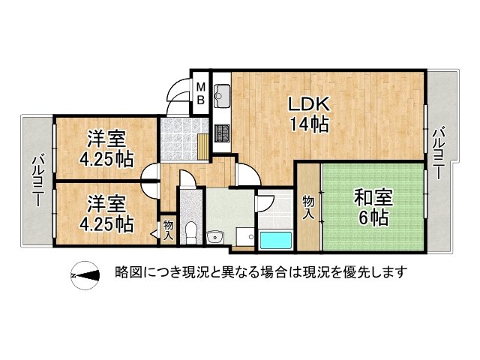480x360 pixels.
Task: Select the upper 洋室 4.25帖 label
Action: [x=106, y=148]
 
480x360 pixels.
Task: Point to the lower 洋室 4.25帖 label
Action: [x=106, y=214]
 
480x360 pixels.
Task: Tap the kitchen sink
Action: [x=221, y=96]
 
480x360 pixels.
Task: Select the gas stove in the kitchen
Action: [x=222, y=134]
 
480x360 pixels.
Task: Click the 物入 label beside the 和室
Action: [x=308, y=208]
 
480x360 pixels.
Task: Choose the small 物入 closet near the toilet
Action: [x=167, y=229]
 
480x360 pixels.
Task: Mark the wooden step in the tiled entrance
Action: [x=204, y=144]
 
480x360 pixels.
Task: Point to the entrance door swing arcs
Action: [x=178, y=92]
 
